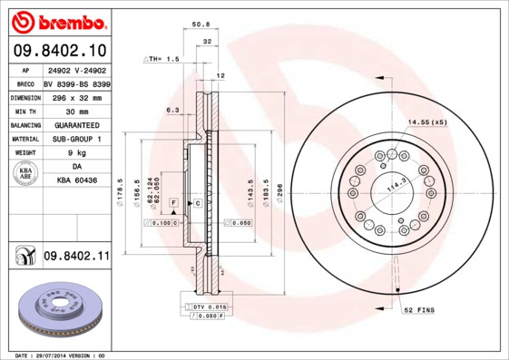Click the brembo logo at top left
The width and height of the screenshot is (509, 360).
tap(56, 20)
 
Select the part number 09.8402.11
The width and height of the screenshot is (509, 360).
tap(76, 257)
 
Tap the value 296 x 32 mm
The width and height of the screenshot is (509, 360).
tap(76, 97)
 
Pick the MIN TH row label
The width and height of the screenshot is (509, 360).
tap(24, 111)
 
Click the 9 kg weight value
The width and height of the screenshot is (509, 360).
tap(76, 153)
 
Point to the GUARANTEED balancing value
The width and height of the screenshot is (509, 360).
tap(76, 125)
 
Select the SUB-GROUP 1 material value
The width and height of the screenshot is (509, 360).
tap(76, 139)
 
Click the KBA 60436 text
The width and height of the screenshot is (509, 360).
tap(76, 181)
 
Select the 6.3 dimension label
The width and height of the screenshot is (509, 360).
tap(171, 111)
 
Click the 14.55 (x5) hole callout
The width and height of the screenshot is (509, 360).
tap(426, 122)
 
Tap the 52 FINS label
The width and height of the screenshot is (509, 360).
tap(420, 310)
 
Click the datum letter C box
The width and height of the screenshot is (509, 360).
tap(197, 204)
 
